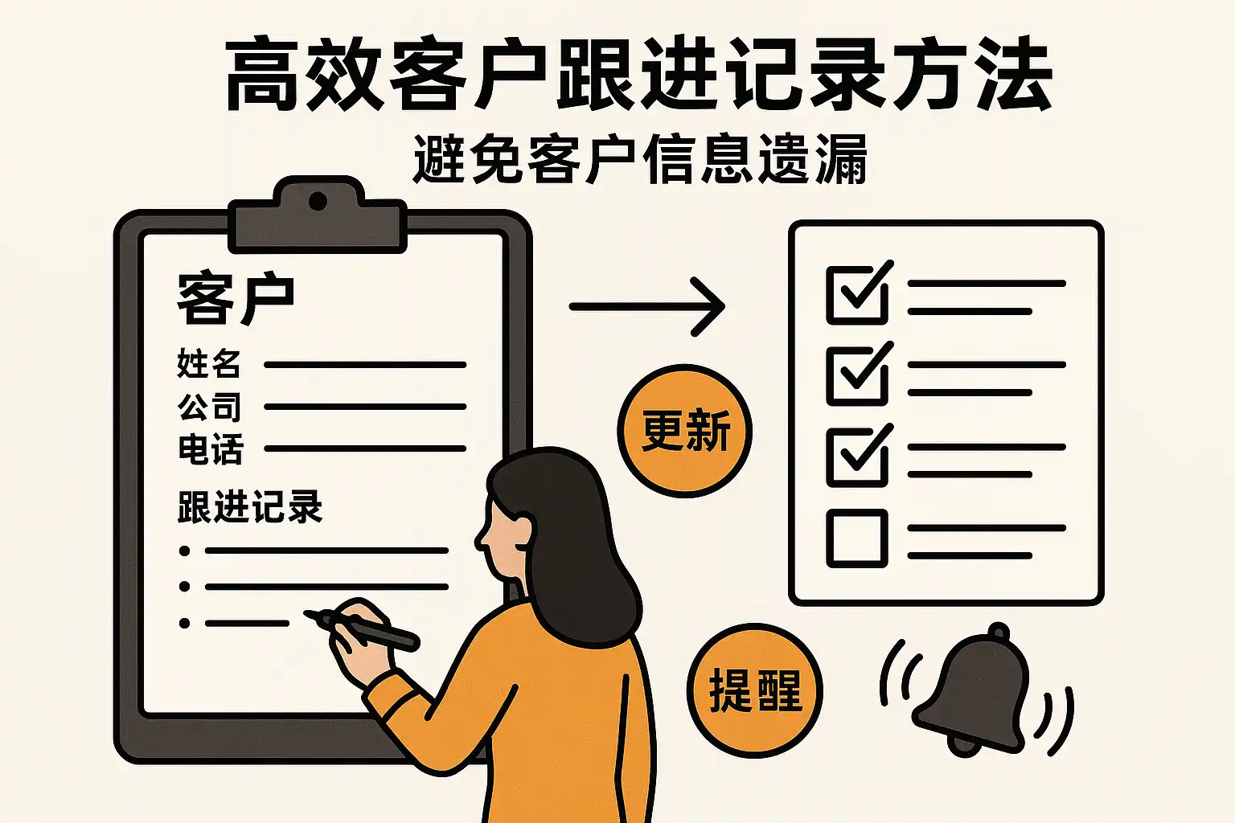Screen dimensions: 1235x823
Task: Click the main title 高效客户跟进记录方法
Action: (638, 75)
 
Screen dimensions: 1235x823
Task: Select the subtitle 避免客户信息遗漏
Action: (639, 159)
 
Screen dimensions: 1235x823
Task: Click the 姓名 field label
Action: (208, 363)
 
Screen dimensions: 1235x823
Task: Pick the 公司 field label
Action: (209, 406)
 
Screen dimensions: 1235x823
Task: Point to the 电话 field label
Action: (210, 448)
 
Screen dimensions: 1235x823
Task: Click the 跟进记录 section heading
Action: (250, 506)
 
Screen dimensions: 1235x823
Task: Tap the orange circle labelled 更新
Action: (685, 431)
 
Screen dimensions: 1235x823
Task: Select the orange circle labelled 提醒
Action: (755, 690)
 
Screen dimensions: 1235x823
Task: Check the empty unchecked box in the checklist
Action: (857, 538)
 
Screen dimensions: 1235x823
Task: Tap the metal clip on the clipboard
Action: (318, 215)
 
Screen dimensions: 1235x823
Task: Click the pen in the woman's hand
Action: (362, 629)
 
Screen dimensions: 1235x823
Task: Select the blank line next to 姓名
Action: (365, 364)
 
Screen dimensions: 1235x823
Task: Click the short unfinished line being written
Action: (247, 624)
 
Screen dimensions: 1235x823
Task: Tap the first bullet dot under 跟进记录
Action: (185, 551)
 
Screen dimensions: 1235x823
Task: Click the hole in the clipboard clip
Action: (318, 201)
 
